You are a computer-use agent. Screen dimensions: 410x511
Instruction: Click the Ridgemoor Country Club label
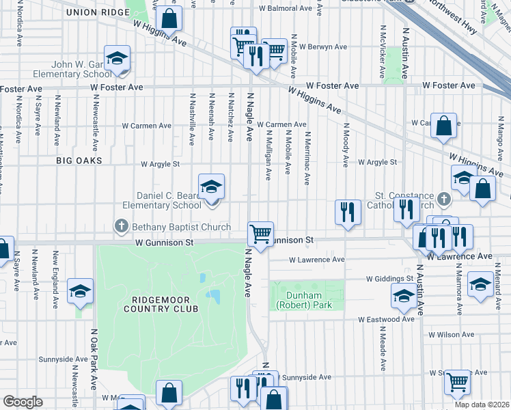pyautogui.click(x=161, y=303)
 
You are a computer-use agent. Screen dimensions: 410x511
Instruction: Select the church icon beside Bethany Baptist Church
pyautogui.click(x=122, y=225)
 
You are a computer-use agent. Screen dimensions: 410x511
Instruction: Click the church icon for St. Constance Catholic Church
pyautogui.click(x=444, y=200)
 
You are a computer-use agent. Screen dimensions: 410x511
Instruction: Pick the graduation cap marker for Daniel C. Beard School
pyautogui.click(x=211, y=186)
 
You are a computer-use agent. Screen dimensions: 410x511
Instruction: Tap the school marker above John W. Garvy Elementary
pyautogui.click(x=117, y=58)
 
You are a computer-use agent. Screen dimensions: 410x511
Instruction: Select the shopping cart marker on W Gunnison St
pyautogui.click(x=260, y=233)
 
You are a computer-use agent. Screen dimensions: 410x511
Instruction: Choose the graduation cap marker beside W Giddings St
pyautogui.click(x=403, y=297)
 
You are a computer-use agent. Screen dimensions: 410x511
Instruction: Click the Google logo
pyautogui.click(x=23, y=402)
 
